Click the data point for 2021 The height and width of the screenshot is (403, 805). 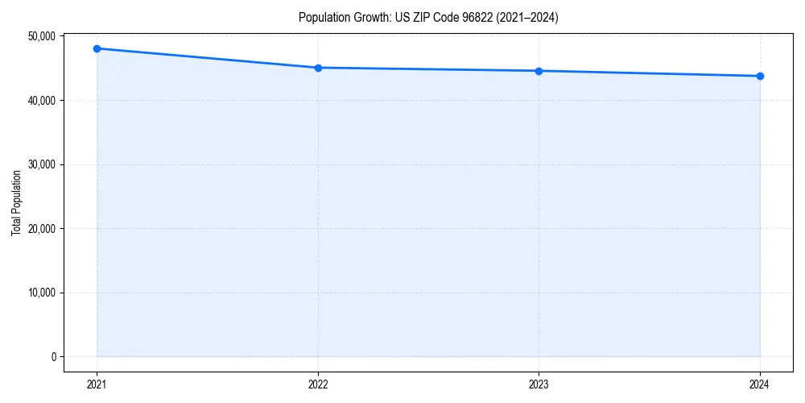click(x=97, y=48)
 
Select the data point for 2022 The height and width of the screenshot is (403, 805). click(x=318, y=68)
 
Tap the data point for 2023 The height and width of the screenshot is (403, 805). click(x=539, y=71)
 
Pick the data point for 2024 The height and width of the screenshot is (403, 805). click(x=760, y=76)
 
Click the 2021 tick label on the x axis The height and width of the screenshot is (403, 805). click(x=97, y=384)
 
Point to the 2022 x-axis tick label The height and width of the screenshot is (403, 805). click(x=318, y=384)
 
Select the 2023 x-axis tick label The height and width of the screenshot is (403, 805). click(x=539, y=384)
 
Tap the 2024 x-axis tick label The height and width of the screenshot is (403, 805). click(x=760, y=384)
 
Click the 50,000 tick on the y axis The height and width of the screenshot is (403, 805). click(x=40, y=36)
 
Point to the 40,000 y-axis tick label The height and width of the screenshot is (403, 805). click(x=40, y=100)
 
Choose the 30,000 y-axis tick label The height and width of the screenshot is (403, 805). click(x=40, y=164)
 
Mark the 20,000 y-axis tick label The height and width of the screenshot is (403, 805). click(x=40, y=228)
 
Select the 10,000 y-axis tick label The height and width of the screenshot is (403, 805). click(x=40, y=293)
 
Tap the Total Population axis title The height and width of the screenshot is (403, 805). click(x=16, y=202)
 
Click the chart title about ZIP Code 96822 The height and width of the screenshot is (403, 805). click(x=427, y=17)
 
